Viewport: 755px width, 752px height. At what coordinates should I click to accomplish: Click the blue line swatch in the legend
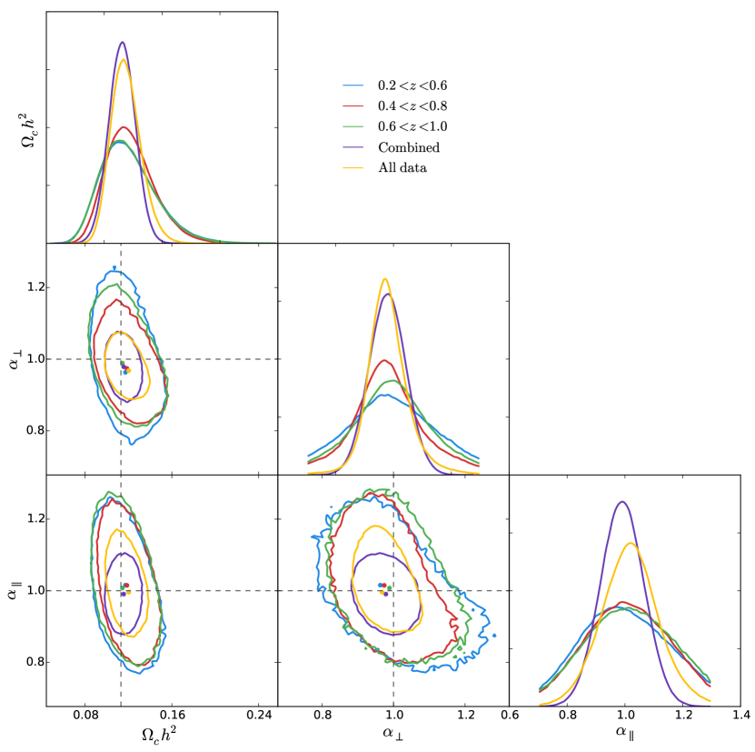click(353, 85)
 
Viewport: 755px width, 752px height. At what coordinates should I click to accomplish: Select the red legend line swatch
click(353, 106)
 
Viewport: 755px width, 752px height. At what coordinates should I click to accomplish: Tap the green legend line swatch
click(353, 126)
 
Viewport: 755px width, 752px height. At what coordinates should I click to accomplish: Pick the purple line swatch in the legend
click(353, 147)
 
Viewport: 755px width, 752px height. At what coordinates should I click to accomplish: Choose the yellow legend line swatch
click(353, 168)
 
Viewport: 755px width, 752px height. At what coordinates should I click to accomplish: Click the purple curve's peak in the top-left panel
click(122, 42)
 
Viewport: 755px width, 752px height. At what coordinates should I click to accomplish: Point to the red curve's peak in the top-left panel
click(124, 127)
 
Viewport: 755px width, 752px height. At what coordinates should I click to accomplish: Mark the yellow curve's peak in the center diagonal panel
click(386, 278)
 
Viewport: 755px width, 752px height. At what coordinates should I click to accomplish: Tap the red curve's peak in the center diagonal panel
click(386, 360)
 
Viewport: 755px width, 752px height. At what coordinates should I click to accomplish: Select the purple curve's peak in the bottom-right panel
click(621, 501)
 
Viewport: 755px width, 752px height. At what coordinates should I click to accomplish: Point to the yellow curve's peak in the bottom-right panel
click(630, 543)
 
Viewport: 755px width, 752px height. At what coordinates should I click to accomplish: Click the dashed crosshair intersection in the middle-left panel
click(121, 359)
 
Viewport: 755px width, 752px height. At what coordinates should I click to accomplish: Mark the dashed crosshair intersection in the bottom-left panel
click(121, 590)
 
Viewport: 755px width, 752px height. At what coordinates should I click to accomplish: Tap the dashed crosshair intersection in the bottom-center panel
click(393, 590)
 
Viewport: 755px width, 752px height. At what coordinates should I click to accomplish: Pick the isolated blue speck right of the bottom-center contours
click(494, 635)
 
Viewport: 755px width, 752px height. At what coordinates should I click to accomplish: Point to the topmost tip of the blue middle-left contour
click(114, 266)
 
